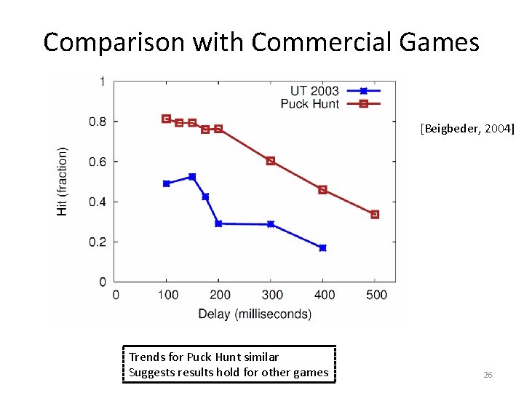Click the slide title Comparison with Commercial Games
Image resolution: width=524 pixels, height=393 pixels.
(x=261, y=42)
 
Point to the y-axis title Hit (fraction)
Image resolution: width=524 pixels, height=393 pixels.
(x=63, y=181)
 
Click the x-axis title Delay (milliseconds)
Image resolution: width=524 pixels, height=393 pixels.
(x=255, y=314)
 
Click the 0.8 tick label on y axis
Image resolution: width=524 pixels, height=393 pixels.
(x=98, y=122)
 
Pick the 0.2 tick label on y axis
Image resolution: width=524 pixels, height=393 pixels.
(x=98, y=242)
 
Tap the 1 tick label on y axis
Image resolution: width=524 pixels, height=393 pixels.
(x=102, y=82)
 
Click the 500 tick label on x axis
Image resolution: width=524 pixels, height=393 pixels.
(x=376, y=295)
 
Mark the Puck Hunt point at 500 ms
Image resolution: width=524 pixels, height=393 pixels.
(x=375, y=215)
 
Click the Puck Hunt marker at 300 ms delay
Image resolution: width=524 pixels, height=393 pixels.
(x=271, y=161)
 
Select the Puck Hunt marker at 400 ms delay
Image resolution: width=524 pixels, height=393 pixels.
(x=322, y=190)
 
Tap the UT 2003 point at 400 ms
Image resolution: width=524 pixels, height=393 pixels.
(x=322, y=248)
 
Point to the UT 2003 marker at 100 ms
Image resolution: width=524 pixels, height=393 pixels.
(x=167, y=183)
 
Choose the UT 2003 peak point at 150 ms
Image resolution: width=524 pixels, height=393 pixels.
(x=192, y=177)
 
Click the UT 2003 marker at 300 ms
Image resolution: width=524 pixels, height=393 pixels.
(x=271, y=224)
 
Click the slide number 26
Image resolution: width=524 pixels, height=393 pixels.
(x=488, y=375)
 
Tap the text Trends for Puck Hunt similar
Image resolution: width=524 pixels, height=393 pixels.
(x=204, y=357)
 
